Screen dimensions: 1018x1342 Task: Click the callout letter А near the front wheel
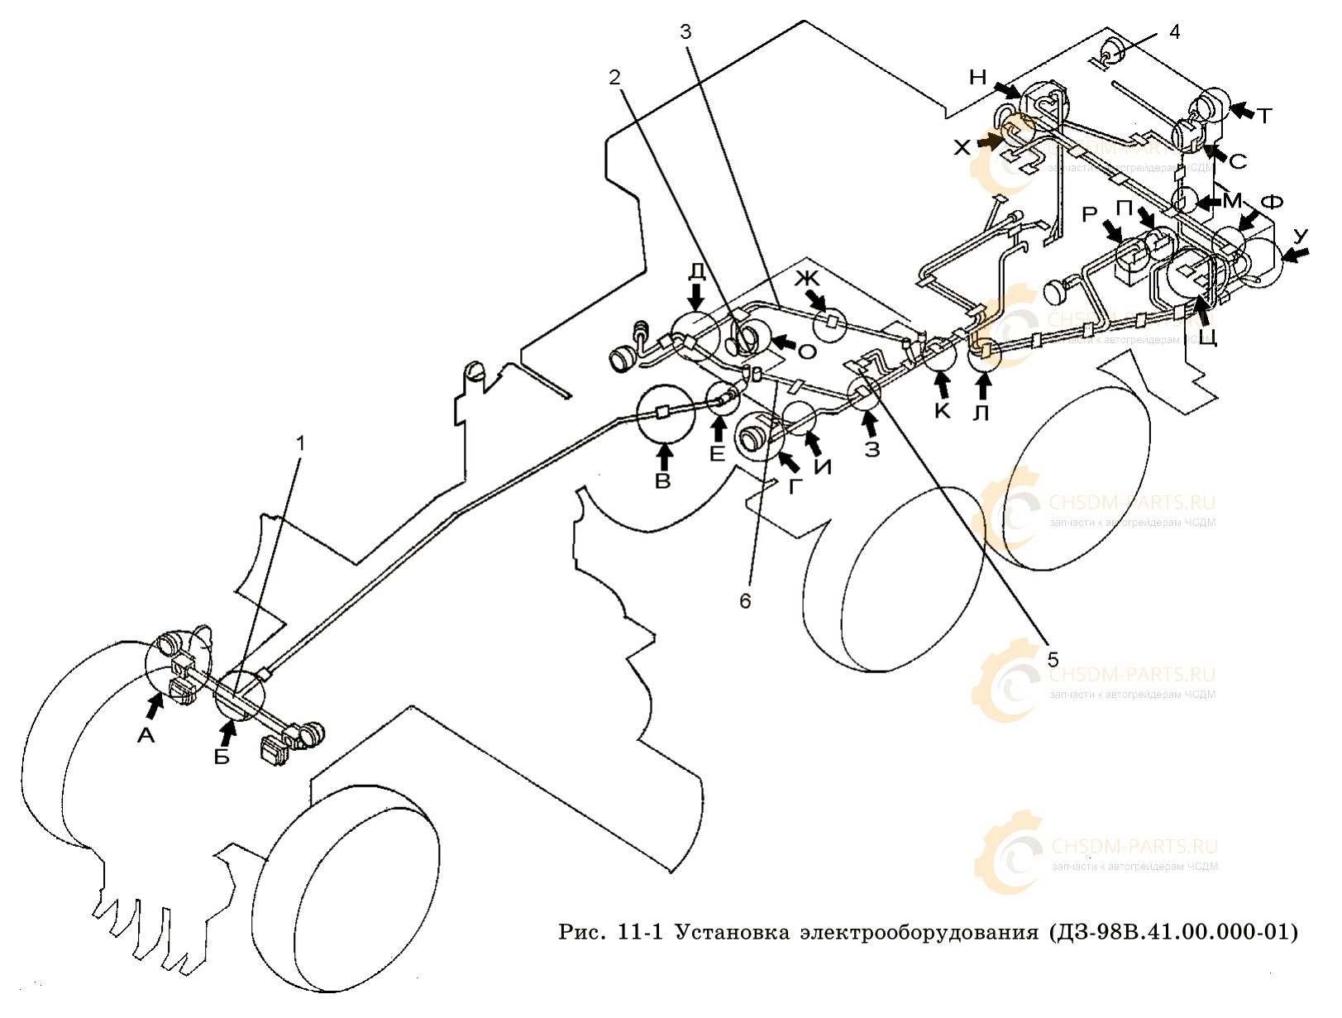click(146, 734)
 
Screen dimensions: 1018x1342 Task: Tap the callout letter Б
click(222, 756)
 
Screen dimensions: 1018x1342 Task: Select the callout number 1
click(301, 444)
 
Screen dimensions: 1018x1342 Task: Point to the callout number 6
click(745, 600)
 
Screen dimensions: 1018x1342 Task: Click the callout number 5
click(1053, 659)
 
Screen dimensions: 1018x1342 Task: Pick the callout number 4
click(1174, 31)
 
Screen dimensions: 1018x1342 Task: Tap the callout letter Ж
click(806, 278)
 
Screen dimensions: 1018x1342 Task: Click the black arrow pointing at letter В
click(664, 456)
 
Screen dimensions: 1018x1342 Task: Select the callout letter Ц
click(1208, 337)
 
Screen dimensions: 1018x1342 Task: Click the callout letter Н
click(978, 78)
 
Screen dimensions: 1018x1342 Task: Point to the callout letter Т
click(1264, 116)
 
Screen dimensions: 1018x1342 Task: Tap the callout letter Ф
click(1272, 203)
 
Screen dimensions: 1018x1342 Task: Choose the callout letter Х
click(962, 148)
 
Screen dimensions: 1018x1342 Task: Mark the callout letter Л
click(981, 412)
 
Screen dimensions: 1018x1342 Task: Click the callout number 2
click(614, 77)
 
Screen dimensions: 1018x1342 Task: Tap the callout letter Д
click(697, 271)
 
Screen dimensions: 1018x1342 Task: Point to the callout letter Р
click(1090, 215)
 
